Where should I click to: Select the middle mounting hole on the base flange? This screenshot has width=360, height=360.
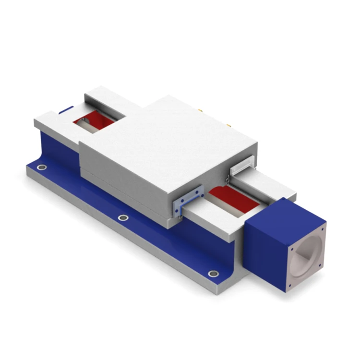click(123, 218)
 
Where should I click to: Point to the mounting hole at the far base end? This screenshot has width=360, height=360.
click(42, 168)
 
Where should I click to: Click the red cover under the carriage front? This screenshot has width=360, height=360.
click(230, 197)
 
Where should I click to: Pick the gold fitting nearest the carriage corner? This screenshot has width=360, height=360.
click(228, 126)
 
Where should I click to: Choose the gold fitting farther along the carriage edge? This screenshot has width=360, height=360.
click(200, 110)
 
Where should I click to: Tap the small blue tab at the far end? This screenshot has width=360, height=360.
click(66, 110)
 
